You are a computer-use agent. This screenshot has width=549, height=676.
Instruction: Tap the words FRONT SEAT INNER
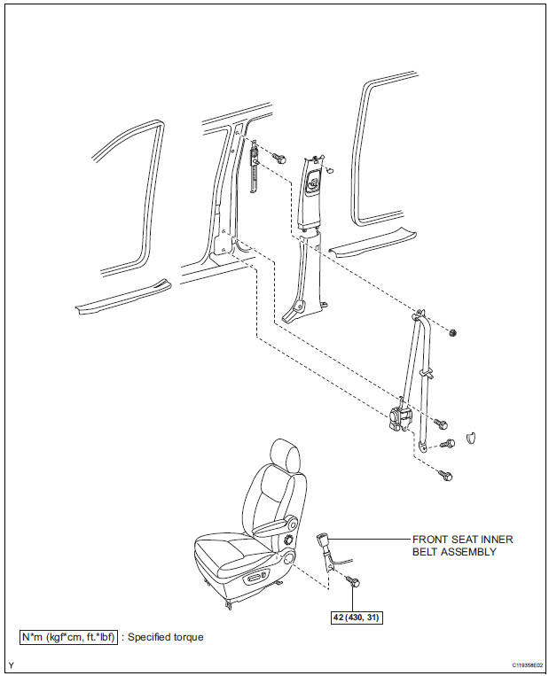point(463,540)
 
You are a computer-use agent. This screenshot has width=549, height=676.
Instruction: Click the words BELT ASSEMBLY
point(454,552)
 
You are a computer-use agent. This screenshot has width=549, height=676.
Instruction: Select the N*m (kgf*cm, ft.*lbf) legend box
point(68,637)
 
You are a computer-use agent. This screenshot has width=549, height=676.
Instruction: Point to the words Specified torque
point(166,637)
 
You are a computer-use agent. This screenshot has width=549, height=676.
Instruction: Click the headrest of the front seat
point(285,456)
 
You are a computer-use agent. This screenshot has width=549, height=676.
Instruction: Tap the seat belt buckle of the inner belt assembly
point(323,541)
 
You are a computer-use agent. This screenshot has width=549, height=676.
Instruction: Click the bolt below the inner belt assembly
point(354,582)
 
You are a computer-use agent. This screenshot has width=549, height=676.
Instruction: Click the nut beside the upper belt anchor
point(452,332)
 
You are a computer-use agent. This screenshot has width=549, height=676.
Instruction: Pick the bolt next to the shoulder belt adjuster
point(279,159)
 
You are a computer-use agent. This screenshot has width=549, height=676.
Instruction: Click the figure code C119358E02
point(528,664)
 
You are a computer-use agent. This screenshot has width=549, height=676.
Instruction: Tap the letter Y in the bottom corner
point(11,665)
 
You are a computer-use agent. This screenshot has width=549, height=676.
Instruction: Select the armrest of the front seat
point(274,526)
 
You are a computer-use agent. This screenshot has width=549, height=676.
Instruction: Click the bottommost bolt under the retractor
point(445,475)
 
